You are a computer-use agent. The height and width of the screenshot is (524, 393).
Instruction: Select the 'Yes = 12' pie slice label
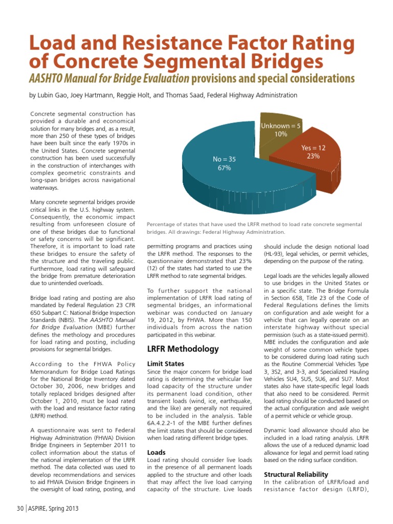313,147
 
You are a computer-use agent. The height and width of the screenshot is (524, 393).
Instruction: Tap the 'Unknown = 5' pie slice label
281,125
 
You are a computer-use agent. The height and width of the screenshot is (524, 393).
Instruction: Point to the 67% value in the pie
224,168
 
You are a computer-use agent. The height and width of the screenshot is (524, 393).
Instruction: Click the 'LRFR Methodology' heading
183,348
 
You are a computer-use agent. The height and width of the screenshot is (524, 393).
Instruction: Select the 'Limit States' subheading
165,363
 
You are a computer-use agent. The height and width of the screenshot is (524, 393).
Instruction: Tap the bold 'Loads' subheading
156,452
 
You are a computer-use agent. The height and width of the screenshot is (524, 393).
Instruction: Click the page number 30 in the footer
20,509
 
